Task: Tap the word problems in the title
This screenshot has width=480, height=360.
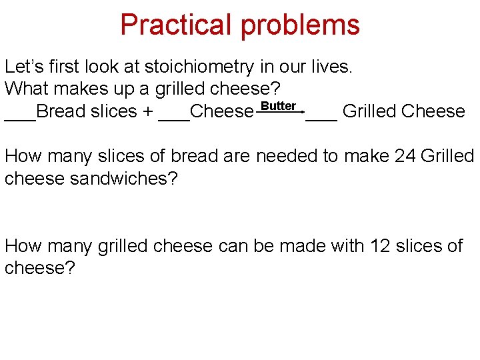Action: click(x=300, y=25)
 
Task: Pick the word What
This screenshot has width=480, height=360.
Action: click(x=26, y=89)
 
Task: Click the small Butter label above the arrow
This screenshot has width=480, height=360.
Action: click(x=278, y=106)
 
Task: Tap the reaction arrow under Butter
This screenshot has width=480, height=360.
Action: click(x=280, y=113)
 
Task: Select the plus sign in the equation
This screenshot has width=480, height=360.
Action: click(x=147, y=111)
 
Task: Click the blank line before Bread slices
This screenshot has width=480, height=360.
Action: click(x=20, y=117)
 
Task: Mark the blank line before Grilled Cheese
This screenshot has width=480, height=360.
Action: click(x=321, y=117)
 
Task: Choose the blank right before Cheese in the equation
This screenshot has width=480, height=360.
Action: click(x=174, y=117)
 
